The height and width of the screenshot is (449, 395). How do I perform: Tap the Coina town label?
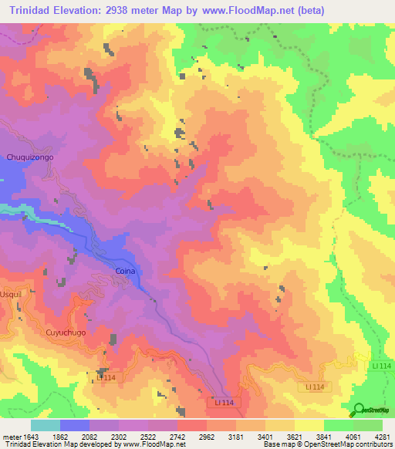125,272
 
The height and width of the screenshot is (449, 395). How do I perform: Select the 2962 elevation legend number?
206,436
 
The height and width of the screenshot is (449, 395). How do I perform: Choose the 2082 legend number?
89,436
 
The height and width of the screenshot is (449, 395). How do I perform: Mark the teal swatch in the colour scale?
46,425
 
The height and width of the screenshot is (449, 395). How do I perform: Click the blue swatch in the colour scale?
75,425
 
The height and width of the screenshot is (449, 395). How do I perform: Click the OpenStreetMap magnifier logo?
360,409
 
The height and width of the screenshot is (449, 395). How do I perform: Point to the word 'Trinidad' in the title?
30,10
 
